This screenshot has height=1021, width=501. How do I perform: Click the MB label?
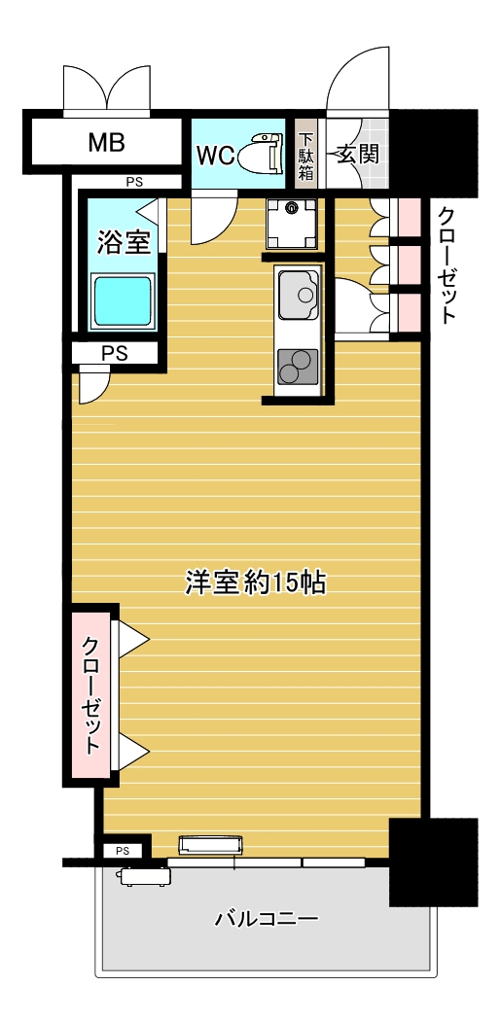pyautogui.click(x=106, y=144)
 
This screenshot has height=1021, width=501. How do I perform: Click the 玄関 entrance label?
pyautogui.click(x=357, y=154)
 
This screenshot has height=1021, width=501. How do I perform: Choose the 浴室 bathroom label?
pyautogui.click(x=124, y=242)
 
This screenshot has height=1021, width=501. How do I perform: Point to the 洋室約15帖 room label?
pyautogui.click(x=255, y=581)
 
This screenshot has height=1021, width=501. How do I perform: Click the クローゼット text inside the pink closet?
pyautogui.click(x=90, y=694)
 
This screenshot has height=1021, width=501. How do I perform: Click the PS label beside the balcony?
pyautogui.click(x=123, y=851)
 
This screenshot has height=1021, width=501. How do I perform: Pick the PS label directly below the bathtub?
pyautogui.click(x=115, y=354)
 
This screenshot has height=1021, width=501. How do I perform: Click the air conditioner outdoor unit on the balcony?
pyautogui.click(x=144, y=876)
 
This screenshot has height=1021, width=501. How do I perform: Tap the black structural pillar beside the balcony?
pyautogui.click(x=433, y=861)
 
